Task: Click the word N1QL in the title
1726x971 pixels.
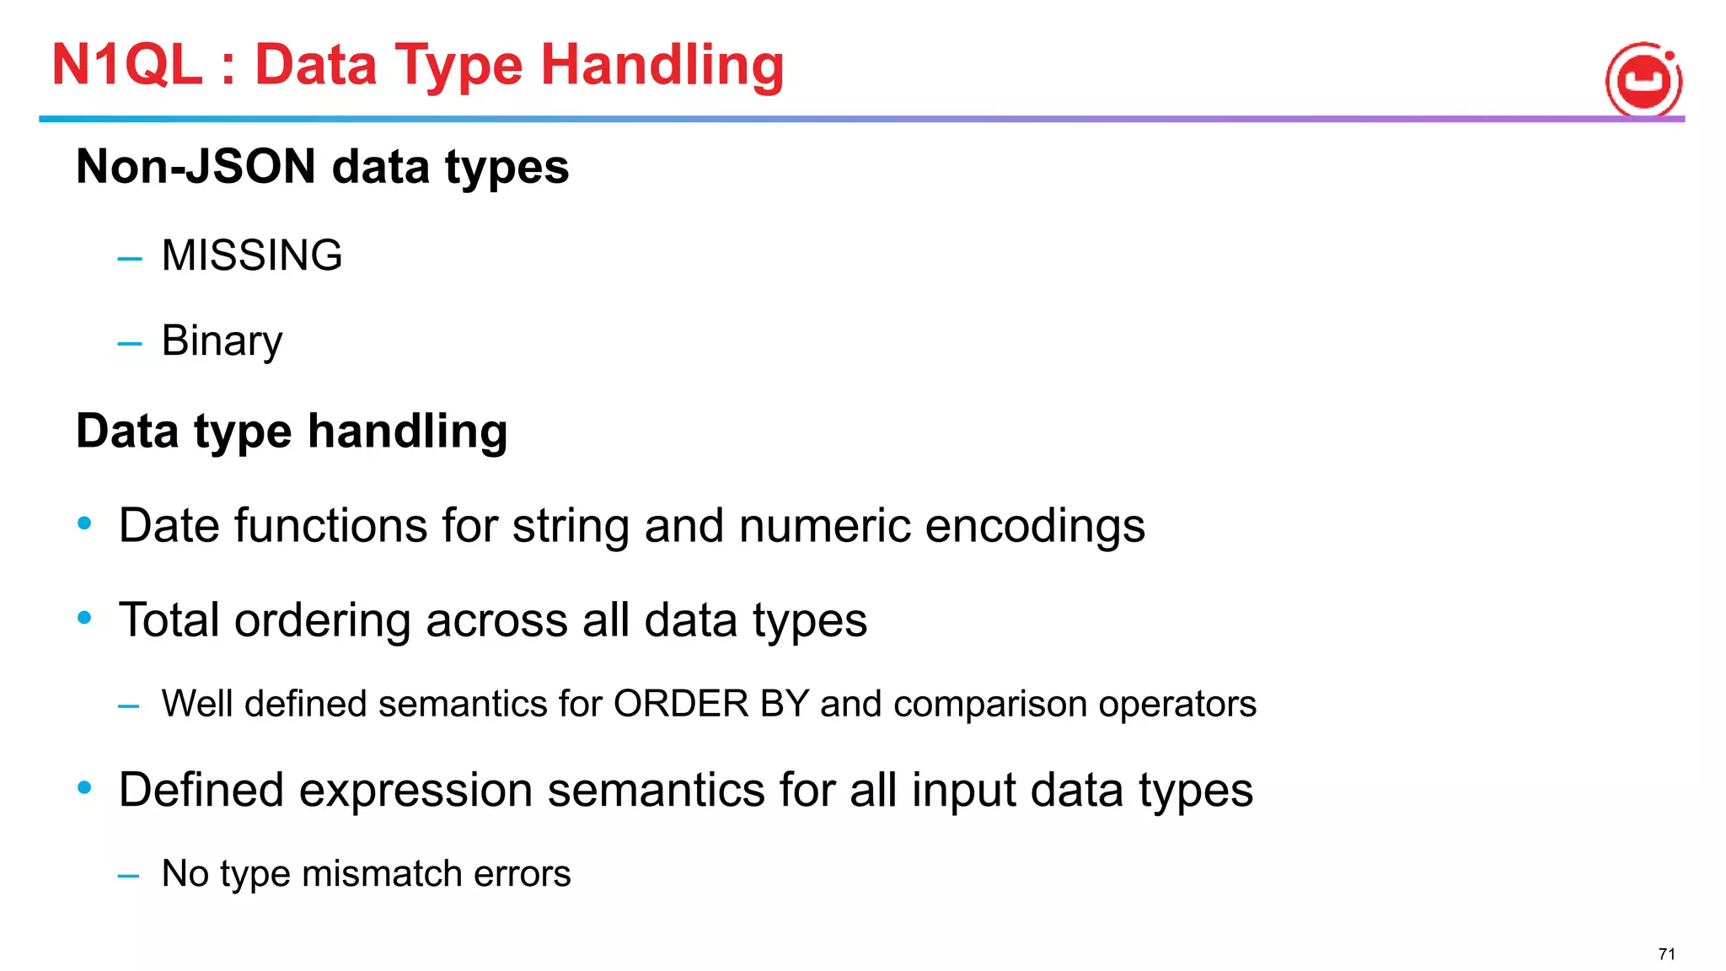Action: (127, 65)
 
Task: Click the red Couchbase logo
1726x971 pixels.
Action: (1643, 81)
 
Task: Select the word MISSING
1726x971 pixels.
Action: (252, 255)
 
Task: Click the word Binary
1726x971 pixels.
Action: (222, 341)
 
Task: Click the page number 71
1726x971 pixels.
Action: (1666, 954)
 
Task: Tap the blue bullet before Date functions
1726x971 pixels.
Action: (84, 524)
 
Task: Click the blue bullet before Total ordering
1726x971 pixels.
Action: (84, 619)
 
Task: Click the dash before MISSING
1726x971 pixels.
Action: (130, 258)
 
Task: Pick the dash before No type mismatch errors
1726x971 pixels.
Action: (129, 877)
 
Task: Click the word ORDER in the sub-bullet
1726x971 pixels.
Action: (681, 704)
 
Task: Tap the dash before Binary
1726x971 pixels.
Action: (130, 344)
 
